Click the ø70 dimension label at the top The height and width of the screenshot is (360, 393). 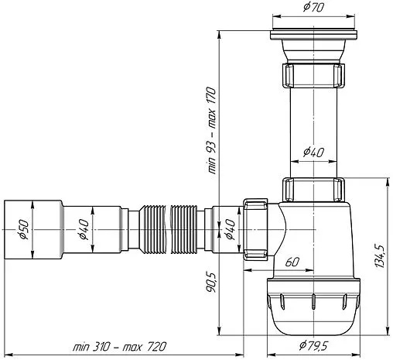pyautogui.click(x=313, y=7)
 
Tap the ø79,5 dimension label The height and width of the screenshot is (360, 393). pyautogui.click(x=313, y=345)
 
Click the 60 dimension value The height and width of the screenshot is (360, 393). pyautogui.click(x=292, y=262)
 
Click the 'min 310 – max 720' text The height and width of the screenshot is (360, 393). pyautogui.click(x=119, y=347)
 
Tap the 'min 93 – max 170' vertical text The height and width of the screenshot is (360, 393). pyautogui.click(x=211, y=130)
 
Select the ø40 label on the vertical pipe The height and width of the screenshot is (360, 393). pyautogui.click(x=313, y=152)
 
